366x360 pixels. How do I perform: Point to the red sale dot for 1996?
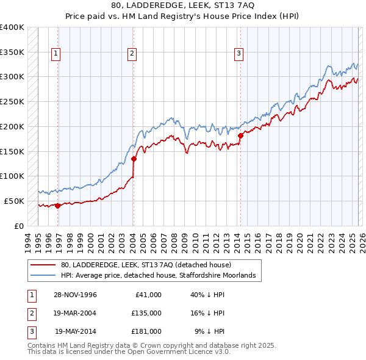(x=58, y=206)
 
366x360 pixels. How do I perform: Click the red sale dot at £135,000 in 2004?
(x=134, y=159)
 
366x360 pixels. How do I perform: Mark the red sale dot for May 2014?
(x=240, y=135)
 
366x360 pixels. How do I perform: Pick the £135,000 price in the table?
(x=146, y=313)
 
